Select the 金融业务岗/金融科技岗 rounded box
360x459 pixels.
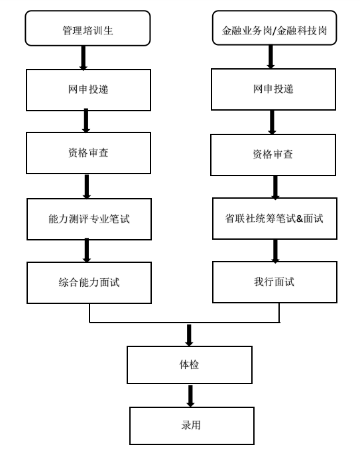(x=273, y=29)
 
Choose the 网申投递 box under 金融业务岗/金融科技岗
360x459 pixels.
(x=273, y=90)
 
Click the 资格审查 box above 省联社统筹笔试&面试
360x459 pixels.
(x=273, y=154)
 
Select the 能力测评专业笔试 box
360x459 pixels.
(x=88, y=218)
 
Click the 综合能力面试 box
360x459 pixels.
(x=88, y=282)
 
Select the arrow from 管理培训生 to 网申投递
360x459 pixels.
(x=84, y=58)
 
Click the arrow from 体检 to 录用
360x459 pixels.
(x=190, y=395)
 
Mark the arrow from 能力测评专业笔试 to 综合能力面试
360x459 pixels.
(x=87, y=250)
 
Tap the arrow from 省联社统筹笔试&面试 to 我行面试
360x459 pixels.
(x=275, y=250)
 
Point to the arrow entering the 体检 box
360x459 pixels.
(x=190, y=334)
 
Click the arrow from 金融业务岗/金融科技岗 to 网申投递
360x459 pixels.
(x=271, y=58)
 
